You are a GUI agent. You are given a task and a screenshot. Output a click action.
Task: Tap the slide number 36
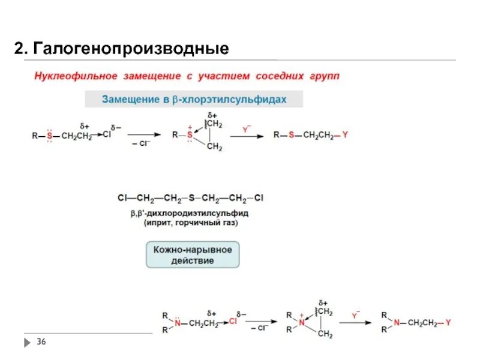pos(41,342)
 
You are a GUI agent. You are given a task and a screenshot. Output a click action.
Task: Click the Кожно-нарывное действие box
pos(193,254)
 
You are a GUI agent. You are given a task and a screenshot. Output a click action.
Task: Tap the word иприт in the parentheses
pos(159,223)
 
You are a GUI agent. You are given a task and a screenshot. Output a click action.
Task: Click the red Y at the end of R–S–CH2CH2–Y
pos(345,135)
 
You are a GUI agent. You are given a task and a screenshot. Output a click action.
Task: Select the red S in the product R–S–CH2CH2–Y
pos(291,135)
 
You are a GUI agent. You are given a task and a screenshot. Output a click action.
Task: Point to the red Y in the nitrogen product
pos(448,323)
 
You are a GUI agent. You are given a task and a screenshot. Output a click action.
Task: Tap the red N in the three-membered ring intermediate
pos(301,323)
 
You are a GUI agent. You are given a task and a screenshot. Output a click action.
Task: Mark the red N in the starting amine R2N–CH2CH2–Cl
pos(178,323)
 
